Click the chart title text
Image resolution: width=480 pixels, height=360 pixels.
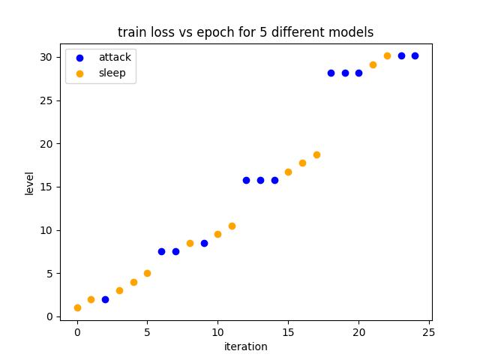click(245, 32)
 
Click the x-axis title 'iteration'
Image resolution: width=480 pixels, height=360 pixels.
click(245, 346)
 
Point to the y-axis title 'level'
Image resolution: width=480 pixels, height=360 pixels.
click(29, 183)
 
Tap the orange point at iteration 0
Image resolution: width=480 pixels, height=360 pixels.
click(77, 307)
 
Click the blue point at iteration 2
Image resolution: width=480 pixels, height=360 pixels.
click(105, 299)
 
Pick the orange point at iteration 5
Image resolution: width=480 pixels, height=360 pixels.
click(147, 273)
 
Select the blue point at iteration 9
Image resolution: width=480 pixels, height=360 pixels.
click(204, 243)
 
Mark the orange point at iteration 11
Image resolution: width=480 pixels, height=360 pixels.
click(232, 226)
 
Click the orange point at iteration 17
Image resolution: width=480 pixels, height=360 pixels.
click(316, 154)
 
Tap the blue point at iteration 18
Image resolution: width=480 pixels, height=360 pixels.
click(331, 73)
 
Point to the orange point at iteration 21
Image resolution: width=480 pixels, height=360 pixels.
click(373, 64)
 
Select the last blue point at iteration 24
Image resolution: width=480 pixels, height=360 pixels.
click(415, 55)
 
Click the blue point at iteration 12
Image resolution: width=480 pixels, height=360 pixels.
click(246, 180)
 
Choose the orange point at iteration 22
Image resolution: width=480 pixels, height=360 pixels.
click(387, 55)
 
